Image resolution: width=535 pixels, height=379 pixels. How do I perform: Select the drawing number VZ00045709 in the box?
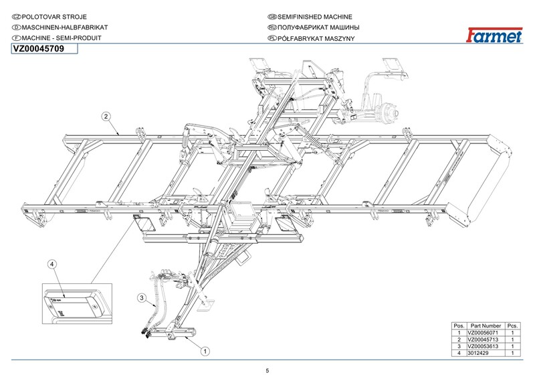[x=38, y=49]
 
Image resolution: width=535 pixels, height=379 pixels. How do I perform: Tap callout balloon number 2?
[x=106, y=116]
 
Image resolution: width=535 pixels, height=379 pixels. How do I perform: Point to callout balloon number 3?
[x=142, y=297]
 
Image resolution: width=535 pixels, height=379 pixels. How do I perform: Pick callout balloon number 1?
[x=206, y=350]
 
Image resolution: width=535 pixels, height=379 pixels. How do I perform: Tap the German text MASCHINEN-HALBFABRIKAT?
[x=60, y=27]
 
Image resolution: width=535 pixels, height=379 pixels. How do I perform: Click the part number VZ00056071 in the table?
[x=485, y=333]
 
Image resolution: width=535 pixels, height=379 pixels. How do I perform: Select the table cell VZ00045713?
[x=485, y=339]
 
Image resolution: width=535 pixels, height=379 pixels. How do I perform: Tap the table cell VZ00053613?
[x=485, y=346]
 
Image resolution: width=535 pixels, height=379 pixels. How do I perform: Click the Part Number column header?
[x=486, y=325]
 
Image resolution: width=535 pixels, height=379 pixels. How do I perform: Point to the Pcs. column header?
[x=513, y=325]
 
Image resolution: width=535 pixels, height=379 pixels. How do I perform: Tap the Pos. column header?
[x=459, y=325]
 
